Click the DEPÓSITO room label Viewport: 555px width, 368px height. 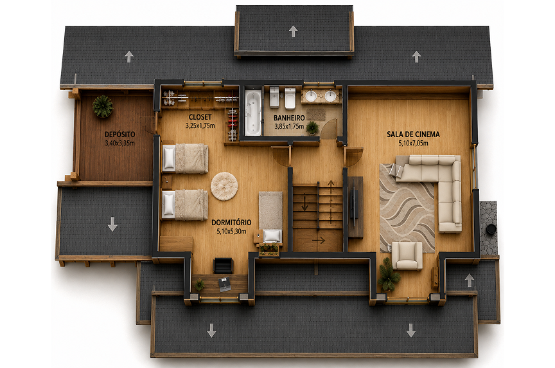coord(119,134)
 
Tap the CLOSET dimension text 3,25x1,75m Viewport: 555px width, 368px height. coord(200,125)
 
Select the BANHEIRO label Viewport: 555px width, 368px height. coord(289,118)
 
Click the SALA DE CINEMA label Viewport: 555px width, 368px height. coord(413,134)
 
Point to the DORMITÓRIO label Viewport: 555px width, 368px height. coord(231,223)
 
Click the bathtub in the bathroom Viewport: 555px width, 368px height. coord(253,113)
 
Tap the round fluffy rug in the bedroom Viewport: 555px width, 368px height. coord(224,186)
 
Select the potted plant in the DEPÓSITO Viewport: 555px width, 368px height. coord(103,106)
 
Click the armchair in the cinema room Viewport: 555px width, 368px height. coord(407,255)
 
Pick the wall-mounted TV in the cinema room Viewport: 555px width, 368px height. coord(353,207)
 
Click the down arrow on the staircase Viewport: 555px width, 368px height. coord(304,203)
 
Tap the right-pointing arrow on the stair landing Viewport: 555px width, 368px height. coord(319,241)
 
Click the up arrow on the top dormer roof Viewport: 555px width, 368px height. coord(293,31)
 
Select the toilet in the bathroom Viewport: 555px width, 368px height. coord(290,98)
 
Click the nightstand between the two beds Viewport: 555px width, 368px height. coord(166,181)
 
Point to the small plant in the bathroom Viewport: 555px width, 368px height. coord(312,127)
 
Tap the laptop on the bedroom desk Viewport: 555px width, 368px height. coord(224,284)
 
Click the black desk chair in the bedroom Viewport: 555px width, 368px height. coord(224,265)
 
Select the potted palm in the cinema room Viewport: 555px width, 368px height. coord(389,275)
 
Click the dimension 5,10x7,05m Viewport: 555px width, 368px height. coord(413,143)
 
